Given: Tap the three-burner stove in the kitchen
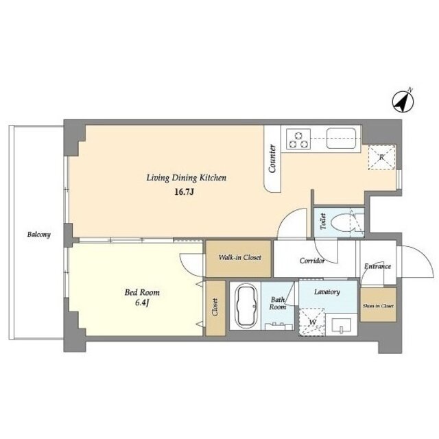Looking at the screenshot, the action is point(298,139).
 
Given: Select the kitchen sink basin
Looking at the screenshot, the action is point(342,139).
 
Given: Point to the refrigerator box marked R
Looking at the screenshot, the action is point(381,157).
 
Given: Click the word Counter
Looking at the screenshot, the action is point(272,158).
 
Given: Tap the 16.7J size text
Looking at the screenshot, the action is point(185,192).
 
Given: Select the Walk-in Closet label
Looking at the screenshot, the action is point(239,258).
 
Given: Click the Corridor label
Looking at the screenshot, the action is point(312,261).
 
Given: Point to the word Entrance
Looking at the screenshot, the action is point(378,266).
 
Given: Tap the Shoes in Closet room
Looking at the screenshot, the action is point(378,305).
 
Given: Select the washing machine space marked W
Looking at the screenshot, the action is point(312,322).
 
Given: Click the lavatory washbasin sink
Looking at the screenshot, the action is point(342,326).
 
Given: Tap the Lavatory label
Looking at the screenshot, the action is point(327,292).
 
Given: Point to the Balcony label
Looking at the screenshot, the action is point(39,235).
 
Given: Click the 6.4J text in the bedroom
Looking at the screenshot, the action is point(142,303).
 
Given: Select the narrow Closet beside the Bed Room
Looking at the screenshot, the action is point(216,308).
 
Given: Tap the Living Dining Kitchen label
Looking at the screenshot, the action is point(187,178).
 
